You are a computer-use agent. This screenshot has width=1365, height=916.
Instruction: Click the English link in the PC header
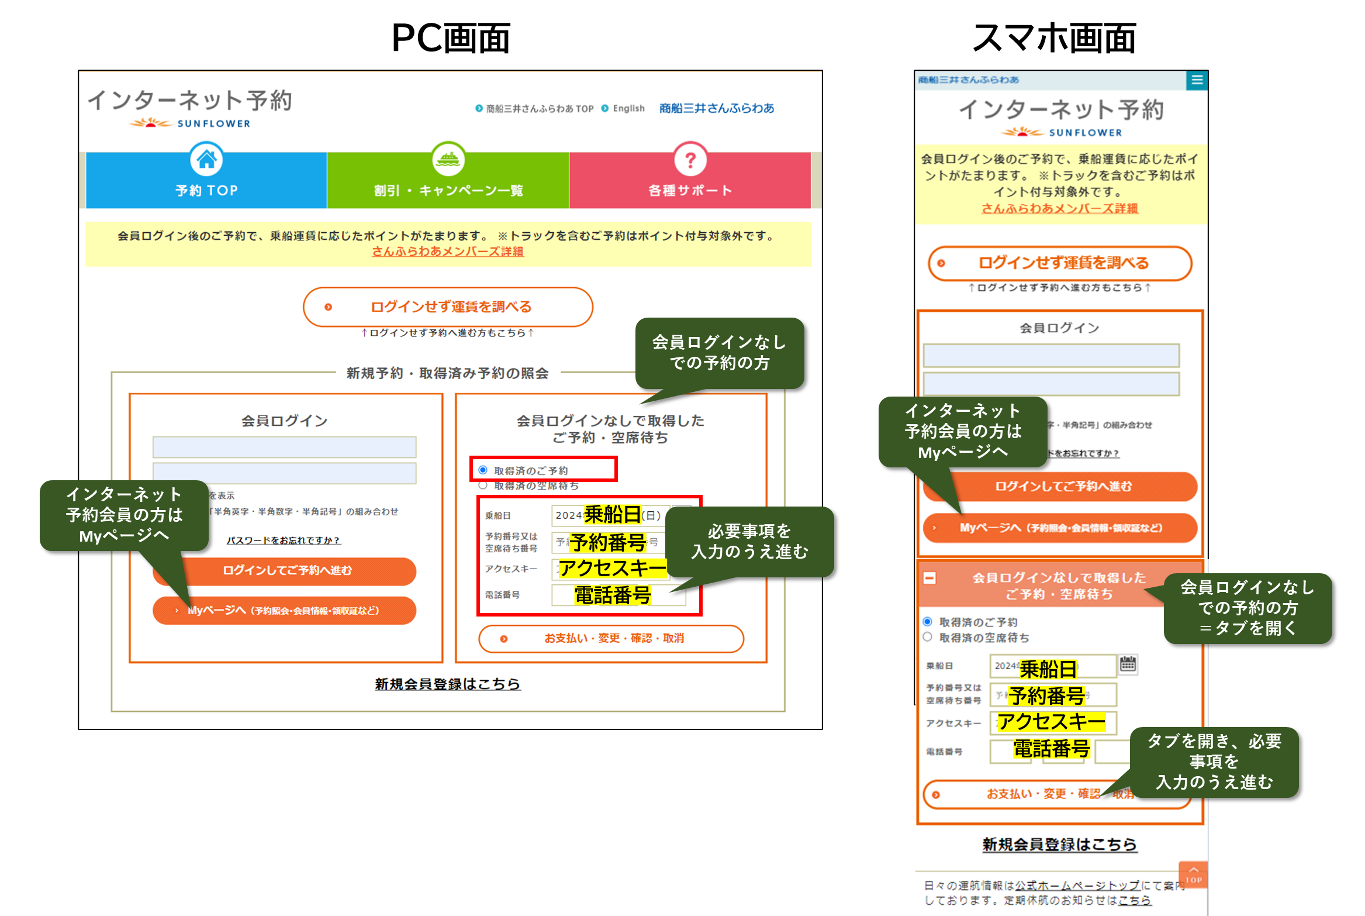(x=628, y=108)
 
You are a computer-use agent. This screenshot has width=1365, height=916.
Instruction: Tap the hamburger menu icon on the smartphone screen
(x=1197, y=80)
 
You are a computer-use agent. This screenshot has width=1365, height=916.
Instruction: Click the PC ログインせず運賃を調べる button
(x=448, y=307)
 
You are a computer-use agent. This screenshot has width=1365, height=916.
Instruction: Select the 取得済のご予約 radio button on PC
(x=483, y=470)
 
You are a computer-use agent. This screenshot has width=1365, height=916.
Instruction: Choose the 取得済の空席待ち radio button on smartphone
(x=928, y=637)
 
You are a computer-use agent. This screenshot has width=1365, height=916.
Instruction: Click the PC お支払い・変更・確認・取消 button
(x=611, y=638)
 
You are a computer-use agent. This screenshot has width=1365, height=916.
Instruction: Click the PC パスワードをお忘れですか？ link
(x=284, y=540)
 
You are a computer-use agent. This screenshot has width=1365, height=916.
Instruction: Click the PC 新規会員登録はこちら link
(x=448, y=684)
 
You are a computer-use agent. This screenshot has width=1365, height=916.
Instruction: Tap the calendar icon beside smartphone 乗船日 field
(x=1128, y=664)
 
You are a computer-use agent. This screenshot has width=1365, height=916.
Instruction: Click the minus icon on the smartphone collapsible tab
(x=929, y=578)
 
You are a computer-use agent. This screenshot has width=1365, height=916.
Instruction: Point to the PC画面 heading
(x=451, y=39)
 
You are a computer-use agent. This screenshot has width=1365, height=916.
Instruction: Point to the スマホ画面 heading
(x=1053, y=39)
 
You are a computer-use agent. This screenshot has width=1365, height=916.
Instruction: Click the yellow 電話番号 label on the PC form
(x=612, y=595)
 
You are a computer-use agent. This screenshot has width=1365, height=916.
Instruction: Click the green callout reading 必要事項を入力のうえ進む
(x=749, y=542)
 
